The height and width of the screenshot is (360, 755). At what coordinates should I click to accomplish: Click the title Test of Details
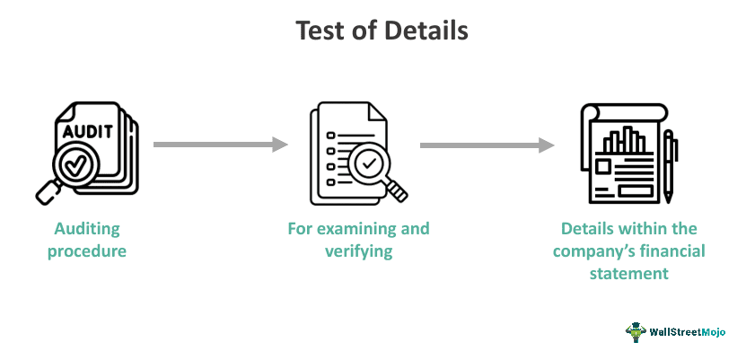(382, 31)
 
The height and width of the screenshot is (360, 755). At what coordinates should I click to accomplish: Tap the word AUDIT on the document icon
(87, 131)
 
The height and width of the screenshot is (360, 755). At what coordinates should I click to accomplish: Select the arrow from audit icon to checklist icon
(220, 144)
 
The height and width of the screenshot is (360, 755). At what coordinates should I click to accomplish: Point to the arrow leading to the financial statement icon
(486, 144)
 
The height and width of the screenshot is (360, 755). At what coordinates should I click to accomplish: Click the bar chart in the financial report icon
(624, 140)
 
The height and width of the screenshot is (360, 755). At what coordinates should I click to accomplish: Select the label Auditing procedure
(86, 240)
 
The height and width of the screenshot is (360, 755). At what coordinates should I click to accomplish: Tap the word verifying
(358, 251)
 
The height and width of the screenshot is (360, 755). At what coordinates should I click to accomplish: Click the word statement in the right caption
(628, 274)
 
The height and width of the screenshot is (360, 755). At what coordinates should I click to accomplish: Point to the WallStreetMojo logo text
(688, 331)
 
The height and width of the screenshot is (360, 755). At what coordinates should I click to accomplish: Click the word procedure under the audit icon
(86, 251)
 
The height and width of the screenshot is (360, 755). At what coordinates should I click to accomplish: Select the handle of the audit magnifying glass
(47, 191)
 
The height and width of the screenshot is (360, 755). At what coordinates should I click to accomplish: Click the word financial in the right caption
(669, 251)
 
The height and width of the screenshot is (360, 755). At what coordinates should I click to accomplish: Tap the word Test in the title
(319, 31)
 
